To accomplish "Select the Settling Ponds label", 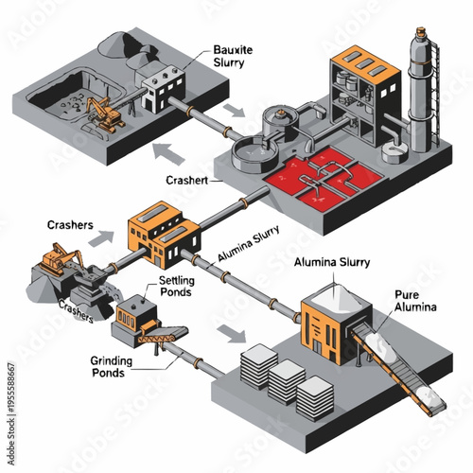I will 177,287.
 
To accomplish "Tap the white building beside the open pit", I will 160,91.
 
